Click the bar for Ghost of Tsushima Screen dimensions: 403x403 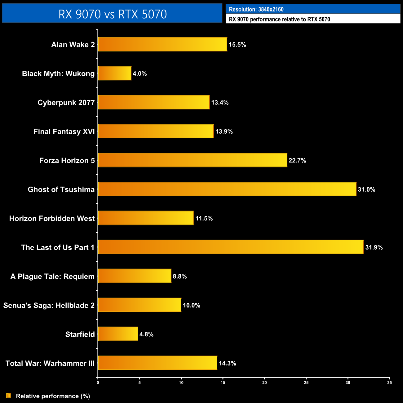pos(227,189)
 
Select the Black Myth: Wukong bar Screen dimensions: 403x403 pos(115,73)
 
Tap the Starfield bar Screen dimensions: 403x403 pos(118,334)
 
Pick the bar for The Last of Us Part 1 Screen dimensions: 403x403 pos(231,247)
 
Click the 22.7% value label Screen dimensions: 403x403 pos(297,161)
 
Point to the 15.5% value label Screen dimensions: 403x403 pos(237,45)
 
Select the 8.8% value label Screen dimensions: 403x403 pos(180,277)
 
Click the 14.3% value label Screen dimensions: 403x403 pos(228,363)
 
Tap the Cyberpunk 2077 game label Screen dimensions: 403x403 pos(66,103)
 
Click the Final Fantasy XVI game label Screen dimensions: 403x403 pos(64,132)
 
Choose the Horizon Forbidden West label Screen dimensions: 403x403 pos(52,219)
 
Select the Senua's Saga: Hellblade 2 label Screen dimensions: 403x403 pos(49,305)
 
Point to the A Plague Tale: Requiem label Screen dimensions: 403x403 pos(52,277)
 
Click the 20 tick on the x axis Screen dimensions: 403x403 pos(264,383)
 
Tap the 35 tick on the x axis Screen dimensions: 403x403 pos(390,383)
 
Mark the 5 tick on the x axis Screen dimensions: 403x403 pos(139,383)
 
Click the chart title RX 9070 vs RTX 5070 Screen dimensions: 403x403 pos(113,14)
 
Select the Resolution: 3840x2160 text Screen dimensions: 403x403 pos(256,9)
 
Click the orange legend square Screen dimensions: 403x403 pos(9,396)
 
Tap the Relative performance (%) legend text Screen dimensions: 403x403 pos(53,396)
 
